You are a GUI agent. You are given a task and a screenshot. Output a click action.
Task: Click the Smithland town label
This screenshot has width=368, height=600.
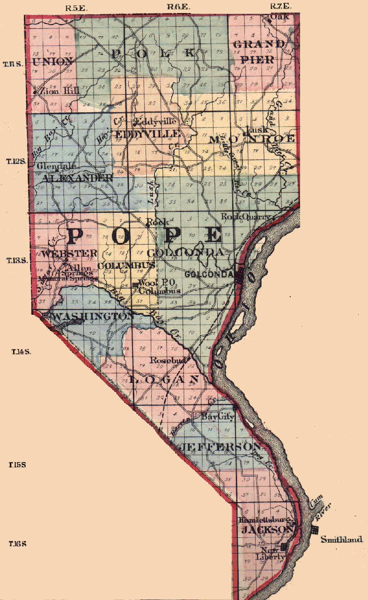[x=341, y=539]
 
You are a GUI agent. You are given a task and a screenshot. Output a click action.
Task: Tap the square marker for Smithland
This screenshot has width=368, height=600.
[x=315, y=530]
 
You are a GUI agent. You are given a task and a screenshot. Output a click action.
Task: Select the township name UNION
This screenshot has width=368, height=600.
[x=52, y=62]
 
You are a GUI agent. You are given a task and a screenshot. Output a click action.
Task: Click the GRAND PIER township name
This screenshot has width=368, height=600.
[x=259, y=52]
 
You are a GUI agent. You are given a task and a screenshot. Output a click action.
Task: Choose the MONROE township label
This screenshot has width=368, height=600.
[x=251, y=139]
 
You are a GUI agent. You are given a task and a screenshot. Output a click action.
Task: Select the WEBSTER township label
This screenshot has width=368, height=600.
[x=70, y=253]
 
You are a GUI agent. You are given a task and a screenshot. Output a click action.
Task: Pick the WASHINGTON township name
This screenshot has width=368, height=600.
[x=93, y=316]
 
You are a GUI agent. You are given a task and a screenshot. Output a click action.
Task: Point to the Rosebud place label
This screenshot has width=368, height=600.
[x=168, y=360]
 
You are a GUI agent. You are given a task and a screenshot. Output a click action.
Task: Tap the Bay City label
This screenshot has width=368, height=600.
[x=218, y=417]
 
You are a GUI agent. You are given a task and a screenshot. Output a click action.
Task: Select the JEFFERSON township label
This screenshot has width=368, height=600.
[x=220, y=447]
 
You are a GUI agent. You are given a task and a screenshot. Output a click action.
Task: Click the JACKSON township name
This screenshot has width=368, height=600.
[x=267, y=529]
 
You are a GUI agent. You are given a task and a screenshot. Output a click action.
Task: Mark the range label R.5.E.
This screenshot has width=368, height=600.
[x=76, y=7]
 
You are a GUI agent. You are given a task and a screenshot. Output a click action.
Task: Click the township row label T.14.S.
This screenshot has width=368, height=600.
[x=21, y=351]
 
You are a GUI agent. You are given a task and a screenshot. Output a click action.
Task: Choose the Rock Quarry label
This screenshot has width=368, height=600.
[x=245, y=217]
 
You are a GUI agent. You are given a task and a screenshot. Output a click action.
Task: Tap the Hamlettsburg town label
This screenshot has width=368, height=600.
[x=264, y=520]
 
